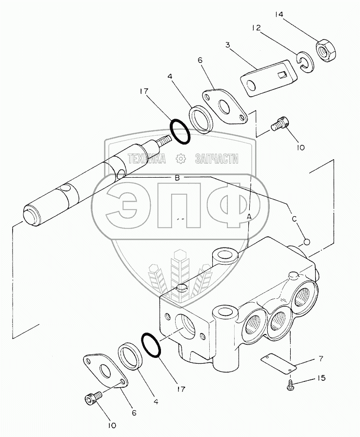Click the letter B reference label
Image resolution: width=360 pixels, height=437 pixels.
(178, 178)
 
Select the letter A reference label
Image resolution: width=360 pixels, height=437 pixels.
(249, 216)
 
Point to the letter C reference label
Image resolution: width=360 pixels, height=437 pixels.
(295, 219)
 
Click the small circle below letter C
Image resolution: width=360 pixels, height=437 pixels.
(306, 241)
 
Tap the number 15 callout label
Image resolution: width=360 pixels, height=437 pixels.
(320, 378)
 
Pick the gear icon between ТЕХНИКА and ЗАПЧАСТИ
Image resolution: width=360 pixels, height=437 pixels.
(180, 158)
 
